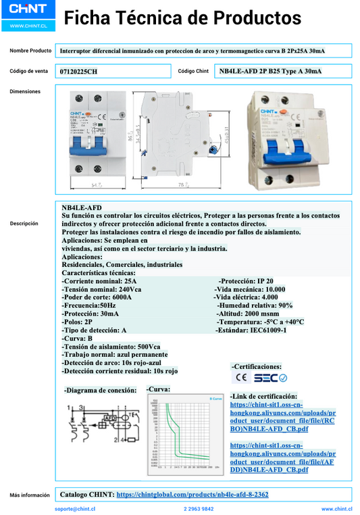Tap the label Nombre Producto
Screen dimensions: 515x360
click(x=30, y=51)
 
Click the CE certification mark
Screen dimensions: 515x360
click(x=240, y=377)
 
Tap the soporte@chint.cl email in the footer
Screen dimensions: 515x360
click(x=74, y=508)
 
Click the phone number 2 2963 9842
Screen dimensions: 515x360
click(x=199, y=508)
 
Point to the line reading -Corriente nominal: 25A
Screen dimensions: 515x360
click(x=99, y=280)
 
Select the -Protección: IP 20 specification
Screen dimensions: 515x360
click(x=246, y=280)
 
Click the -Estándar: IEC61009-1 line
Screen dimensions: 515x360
click(x=251, y=330)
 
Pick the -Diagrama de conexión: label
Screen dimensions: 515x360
click(x=99, y=390)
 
